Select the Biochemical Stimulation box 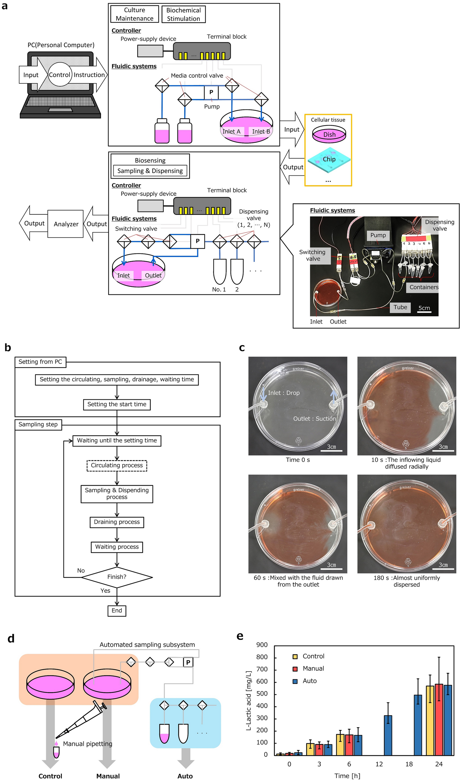pos(183,14)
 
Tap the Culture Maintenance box pos(135,14)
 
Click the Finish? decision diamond pos(117,577)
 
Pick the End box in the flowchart pos(117,611)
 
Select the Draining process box pos(117,522)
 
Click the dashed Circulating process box pos(117,466)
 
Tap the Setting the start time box pos(117,404)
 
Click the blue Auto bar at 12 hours pos(388,736)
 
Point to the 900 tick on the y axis pos(262,645)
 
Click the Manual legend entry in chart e pos(313,669)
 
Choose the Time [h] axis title pos(347,776)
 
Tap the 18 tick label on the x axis pos(409,764)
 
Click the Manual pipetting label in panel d pos(87,744)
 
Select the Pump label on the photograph pos(378,235)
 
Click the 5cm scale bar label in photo pos(424,308)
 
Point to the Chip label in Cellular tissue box pos(329,159)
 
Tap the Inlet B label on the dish pos(261,132)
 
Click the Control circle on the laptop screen pos(59,75)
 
